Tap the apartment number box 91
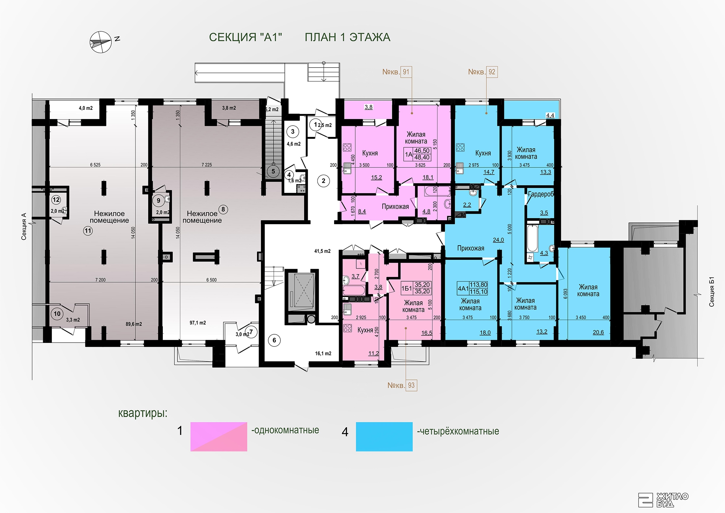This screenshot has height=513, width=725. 406,72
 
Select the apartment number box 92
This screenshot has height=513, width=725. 492,72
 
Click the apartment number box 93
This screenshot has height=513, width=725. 411,385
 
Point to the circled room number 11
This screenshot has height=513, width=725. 88,231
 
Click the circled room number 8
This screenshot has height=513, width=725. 223,209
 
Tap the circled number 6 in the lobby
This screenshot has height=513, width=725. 274,340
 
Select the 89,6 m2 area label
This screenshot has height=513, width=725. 134,324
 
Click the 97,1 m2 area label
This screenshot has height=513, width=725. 198,323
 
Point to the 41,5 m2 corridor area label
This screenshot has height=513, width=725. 322,251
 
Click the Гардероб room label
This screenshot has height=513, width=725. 541,194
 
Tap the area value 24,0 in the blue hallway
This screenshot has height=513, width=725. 498,240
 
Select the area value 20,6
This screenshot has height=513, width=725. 598,332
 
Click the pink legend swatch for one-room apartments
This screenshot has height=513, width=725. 219,437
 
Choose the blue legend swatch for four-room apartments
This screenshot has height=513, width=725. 384,437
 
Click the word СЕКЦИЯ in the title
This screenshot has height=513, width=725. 232,37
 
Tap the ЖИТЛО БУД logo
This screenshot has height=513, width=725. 663,499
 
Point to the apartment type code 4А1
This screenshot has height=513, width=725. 463,288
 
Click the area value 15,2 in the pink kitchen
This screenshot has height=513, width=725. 376,177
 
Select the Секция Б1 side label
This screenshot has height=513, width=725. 712,292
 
